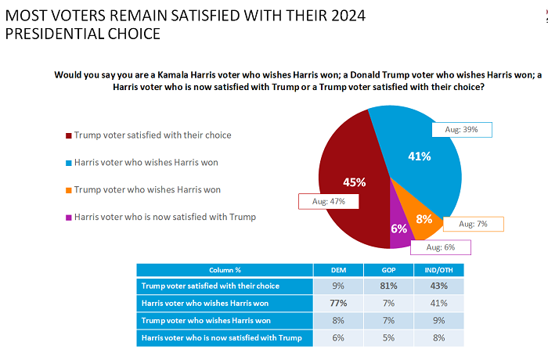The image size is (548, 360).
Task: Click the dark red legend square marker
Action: coord(68,135)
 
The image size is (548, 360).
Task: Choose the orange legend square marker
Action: coord(68,189)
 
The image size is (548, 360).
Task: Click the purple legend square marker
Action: coord(68,217)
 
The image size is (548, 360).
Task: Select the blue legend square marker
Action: coord(68,163)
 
